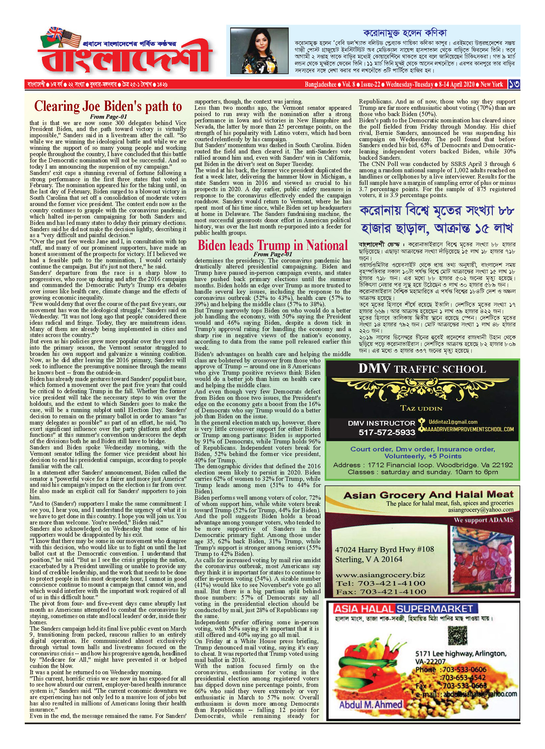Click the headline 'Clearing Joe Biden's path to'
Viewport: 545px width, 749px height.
click(x=108, y=106)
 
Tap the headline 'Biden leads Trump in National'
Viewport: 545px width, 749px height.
click(x=272, y=245)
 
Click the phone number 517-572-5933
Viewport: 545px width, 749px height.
click(x=387, y=432)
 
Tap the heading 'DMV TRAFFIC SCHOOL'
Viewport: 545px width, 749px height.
click(x=422, y=369)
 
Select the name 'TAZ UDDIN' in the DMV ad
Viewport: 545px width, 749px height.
click(x=421, y=408)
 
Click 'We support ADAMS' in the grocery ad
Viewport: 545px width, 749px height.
click(x=483, y=520)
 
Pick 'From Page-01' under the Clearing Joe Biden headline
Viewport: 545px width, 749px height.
click(x=108, y=116)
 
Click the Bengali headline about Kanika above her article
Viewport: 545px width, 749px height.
click(x=405, y=33)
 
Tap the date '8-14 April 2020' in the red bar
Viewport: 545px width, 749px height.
click(x=456, y=84)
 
